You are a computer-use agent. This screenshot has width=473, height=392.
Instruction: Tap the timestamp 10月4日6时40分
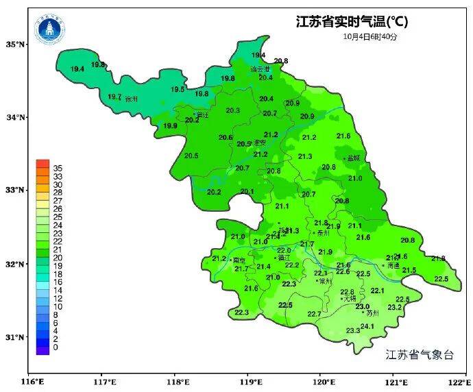[370, 36]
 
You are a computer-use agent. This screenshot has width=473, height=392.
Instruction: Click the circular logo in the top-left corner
[51, 29]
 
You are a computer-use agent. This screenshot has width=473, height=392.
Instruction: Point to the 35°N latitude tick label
[16, 45]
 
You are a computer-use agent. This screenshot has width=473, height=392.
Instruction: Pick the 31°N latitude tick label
[16, 337]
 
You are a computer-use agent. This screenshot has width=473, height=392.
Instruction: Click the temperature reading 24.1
[367, 326]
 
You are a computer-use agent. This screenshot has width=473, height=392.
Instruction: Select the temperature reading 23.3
[353, 331]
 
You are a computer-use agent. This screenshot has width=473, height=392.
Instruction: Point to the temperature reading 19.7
[114, 97]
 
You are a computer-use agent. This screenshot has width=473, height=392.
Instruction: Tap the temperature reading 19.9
[170, 125]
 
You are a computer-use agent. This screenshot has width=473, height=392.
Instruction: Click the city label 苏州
[373, 313]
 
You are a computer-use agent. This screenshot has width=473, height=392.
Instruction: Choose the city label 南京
[239, 260]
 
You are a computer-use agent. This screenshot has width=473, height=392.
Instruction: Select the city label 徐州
[132, 99]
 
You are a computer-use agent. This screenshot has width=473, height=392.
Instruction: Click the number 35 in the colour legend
[58, 168]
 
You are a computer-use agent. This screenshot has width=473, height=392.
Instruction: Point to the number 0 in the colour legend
[55, 347]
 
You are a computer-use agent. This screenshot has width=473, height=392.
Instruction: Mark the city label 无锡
[350, 299]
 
